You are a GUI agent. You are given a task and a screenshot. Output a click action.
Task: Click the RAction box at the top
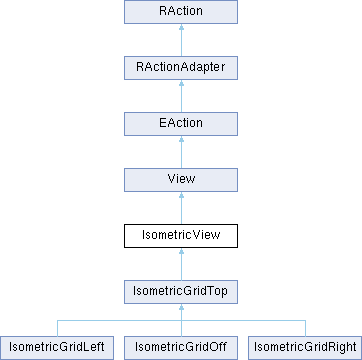(180, 12)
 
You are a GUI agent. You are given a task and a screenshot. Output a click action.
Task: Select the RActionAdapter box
(180, 68)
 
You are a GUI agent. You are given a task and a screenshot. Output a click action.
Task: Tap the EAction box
(180, 124)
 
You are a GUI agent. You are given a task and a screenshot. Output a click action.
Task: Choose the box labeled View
(180, 180)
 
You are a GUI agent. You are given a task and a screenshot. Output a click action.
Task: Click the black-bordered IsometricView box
(180, 236)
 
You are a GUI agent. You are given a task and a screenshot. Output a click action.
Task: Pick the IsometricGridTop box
(180, 292)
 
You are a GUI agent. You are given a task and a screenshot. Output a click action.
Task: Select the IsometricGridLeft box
(58, 347)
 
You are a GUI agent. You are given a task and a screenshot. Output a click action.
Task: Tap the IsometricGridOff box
(180, 347)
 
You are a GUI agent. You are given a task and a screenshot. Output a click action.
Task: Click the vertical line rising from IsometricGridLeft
(58, 328)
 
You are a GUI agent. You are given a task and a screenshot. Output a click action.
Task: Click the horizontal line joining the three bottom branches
(120, 320)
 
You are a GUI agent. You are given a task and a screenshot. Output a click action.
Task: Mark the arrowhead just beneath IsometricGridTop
(180, 309)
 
